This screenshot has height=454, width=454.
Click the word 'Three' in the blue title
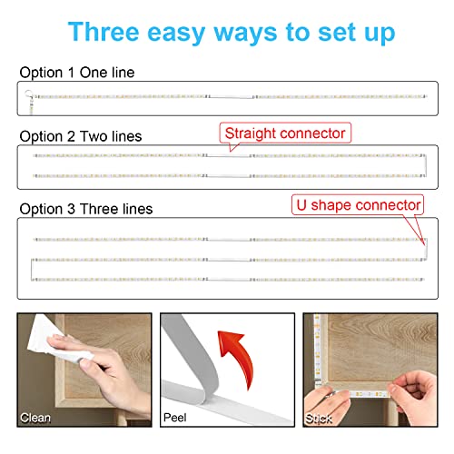pyautogui.click(x=104, y=32)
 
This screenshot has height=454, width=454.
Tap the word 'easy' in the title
pyautogui.click(x=176, y=34)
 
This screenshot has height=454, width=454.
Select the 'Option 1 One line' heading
pyautogui.click(x=77, y=73)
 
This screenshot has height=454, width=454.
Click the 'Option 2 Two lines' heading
pyautogui.click(x=81, y=136)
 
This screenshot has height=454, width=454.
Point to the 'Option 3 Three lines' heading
pyautogui.click(x=86, y=209)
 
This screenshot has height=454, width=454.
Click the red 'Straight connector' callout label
pyautogui.click(x=285, y=133)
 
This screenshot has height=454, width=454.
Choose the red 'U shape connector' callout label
pyautogui.click(x=358, y=205)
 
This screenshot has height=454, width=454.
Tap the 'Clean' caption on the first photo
pyautogui.click(x=35, y=418)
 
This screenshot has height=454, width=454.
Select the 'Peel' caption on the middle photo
pyautogui.click(x=174, y=418)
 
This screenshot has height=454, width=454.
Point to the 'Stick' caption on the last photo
pyautogui.click(x=319, y=419)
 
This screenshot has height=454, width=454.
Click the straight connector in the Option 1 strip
pyautogui.click(x=232, y=97)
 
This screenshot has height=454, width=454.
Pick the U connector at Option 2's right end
pyautogui.click(x=426, y=165)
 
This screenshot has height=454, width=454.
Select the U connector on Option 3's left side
pyautogui.click(x=32, y=270)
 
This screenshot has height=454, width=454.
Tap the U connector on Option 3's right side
pyautogui.click(x=426, y=250)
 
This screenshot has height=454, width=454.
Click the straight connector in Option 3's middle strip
pyautogui.click(x=229, y=260)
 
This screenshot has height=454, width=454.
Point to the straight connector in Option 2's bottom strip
pyautogui.click(x=229, y=176)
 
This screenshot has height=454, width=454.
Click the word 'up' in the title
pyautogui.click(x=380, y=34)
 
